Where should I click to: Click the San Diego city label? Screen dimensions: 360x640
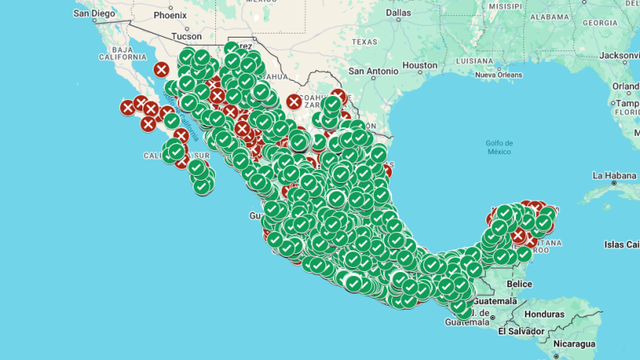pos(94,14)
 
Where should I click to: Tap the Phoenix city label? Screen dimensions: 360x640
pos(170,14)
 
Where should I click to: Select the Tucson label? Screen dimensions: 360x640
pos(186,36)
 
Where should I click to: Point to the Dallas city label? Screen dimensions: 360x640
pos(398,13)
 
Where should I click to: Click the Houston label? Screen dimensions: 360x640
pos(420,65)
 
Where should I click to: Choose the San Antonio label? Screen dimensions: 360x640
pos(373,71)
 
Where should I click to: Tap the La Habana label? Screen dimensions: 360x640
pos(614,174)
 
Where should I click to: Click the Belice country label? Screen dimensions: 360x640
pos(519,283)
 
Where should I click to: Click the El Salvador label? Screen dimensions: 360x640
pos(521,330)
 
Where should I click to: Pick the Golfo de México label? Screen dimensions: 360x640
pos(498,147)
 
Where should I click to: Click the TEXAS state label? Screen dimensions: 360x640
pos(364,42)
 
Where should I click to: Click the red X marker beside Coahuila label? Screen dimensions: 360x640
pos(294,102)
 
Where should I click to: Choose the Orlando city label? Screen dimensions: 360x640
pos(626,86)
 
